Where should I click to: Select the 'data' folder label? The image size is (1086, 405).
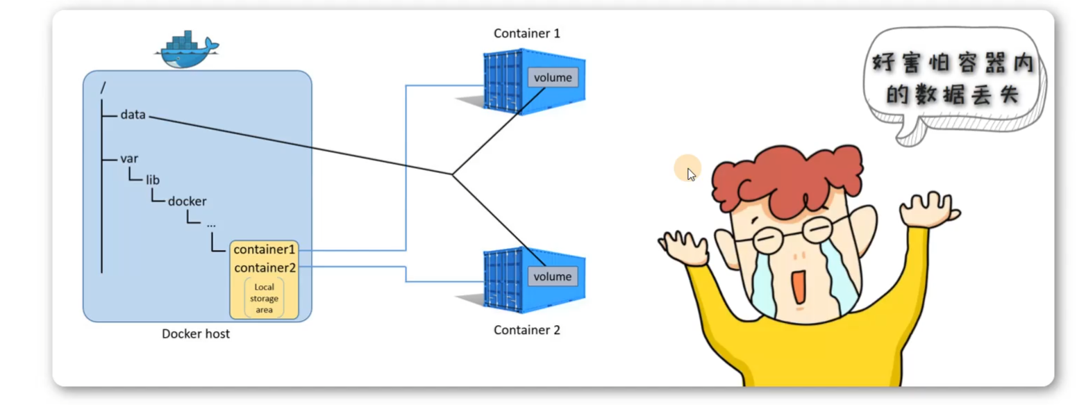tap(133, 115)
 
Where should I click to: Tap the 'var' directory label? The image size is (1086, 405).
tap(129, 158)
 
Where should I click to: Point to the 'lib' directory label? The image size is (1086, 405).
tap(153, 180)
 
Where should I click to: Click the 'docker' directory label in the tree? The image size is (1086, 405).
tap(187, 201)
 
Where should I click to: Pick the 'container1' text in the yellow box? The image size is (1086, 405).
tap(265, 249)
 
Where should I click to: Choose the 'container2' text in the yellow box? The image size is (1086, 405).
tap(265, 267)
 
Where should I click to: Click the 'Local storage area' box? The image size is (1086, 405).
tap(264, 298)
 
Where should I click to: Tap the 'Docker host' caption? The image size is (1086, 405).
tap(196, 334)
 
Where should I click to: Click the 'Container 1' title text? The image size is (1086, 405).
tap(526, 33)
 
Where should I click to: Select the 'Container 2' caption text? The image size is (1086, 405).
tap(526, 330)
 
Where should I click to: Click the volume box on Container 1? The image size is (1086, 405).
tap(553, 77)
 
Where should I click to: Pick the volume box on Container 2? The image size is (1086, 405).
tap(552, 276)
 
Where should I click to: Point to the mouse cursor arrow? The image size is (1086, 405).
tap(691, 174)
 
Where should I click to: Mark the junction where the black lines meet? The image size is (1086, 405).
tap(452, 174)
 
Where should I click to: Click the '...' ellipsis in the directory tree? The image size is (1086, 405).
tap(211, 224)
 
